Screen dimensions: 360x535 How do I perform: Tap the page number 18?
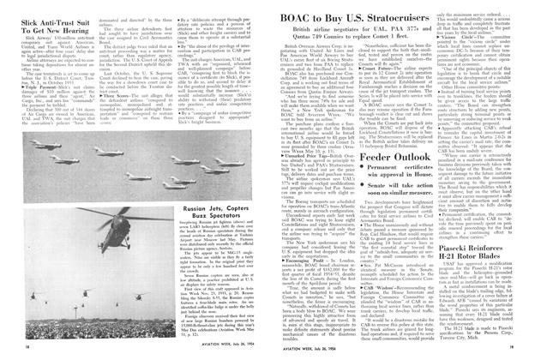18,351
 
